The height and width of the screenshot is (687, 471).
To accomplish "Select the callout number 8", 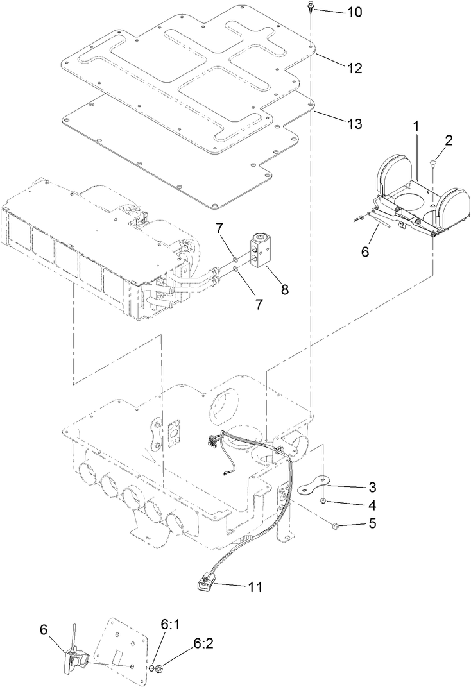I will [x=283, y=290].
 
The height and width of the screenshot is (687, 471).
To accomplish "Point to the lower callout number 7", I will [x=259, y=305].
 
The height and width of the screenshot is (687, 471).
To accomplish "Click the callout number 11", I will [x=256, y=586].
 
